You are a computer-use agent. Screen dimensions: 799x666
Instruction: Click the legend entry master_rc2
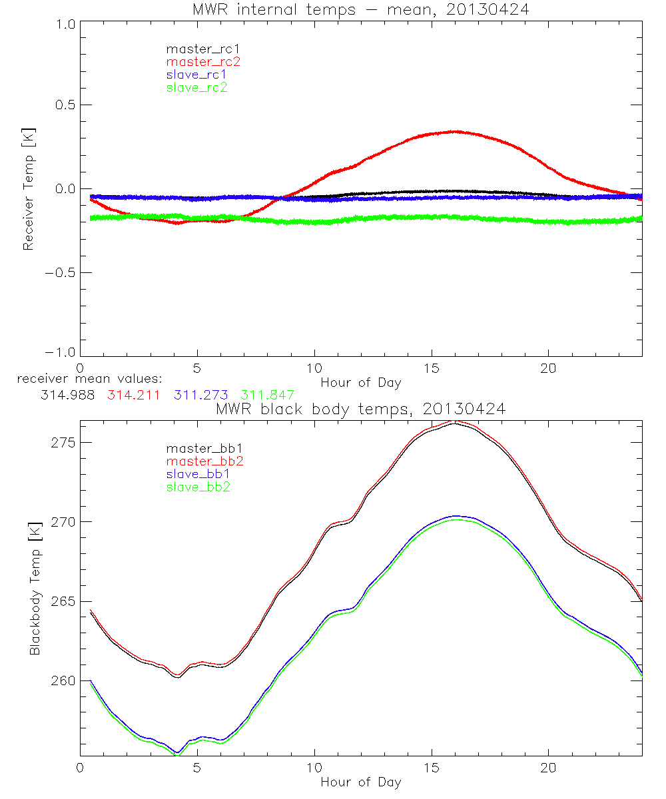(203, 62)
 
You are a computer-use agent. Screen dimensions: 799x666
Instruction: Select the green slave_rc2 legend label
(196, 87)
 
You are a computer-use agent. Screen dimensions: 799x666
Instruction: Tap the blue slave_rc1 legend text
(196, 75)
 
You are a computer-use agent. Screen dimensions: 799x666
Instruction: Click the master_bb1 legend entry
(203, 449)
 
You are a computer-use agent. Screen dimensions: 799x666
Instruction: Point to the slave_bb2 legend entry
(196, 487)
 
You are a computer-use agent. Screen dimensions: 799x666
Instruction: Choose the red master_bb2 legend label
(203, 462)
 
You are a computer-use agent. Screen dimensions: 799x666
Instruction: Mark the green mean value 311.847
(267, 395)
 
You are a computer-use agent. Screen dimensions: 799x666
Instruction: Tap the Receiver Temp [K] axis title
(29, 188)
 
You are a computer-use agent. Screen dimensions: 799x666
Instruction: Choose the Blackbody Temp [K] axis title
(35, 588)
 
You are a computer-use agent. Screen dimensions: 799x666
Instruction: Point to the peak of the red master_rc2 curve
(454, 132)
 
